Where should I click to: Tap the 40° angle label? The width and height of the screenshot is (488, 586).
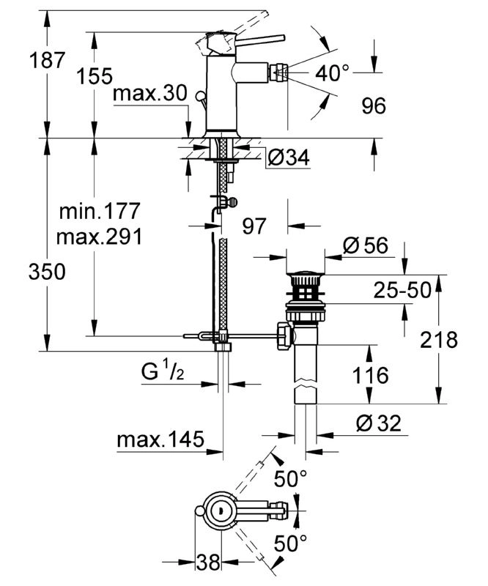333,73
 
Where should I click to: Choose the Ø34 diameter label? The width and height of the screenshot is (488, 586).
289,157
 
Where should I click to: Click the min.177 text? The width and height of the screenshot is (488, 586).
99,212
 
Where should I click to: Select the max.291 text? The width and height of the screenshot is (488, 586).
99,237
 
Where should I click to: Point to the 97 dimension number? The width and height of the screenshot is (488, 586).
254,226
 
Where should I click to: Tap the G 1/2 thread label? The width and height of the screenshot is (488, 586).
162,373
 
